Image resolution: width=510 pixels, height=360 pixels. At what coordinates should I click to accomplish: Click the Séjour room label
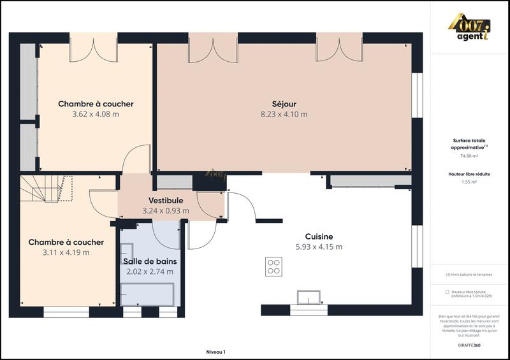(x=284, y=104)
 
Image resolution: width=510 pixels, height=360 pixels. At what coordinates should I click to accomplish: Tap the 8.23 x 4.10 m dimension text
(x=284, y=115)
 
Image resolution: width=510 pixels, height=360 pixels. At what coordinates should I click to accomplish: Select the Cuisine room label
(x=319, y=236)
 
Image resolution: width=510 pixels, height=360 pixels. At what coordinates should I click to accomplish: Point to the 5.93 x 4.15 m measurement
(x=319, y=247)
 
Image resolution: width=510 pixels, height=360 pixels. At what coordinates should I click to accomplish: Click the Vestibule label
(x=166, y=201)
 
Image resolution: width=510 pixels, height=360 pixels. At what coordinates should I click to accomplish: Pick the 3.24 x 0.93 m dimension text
(x=166, y=211)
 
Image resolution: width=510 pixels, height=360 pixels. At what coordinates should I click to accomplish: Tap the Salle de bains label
(x=150, y=261)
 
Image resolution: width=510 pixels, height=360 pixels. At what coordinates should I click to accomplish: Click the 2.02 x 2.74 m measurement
(x=150, y=271)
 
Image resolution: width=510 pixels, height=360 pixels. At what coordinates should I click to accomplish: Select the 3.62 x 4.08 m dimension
(x=96, y=115)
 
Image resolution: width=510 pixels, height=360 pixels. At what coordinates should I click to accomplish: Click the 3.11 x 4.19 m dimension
(x=66, y=252)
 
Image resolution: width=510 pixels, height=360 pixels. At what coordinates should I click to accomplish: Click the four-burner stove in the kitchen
(x=274, y=266)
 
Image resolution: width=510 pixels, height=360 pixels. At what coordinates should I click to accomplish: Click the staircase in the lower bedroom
(x=45, y=189)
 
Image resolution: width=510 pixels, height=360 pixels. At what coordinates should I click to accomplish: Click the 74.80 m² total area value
(x=469, y=155)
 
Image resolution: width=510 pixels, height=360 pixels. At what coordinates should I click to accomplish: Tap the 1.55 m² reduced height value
(x=469, y=182)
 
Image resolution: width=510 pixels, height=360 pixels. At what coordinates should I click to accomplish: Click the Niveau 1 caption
(x=215, y=351)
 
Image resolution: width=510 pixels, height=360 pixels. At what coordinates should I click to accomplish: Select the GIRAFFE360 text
(x=470, y=345)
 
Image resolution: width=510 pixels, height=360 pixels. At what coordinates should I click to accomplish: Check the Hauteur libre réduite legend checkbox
(x=448, y=292)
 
